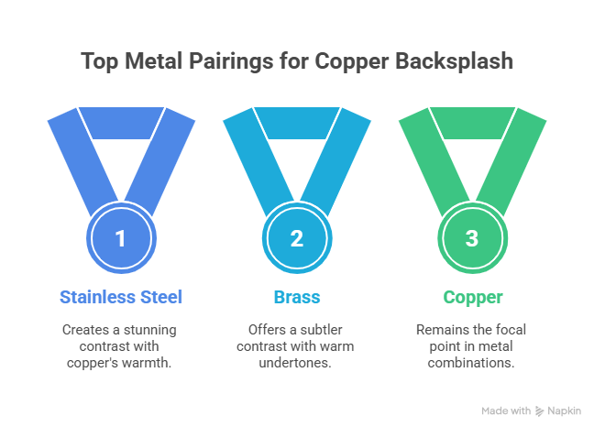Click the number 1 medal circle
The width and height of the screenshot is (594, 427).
pyautogui.click(x=120, y=239)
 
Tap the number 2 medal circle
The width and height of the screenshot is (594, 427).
pyautogui.click(x=296, y=239)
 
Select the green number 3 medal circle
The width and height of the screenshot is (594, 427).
pyautogui.click(x=471, y=239)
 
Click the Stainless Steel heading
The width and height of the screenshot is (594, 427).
pyautogui.click(x=120, y=297)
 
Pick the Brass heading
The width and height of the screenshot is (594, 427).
pyautogui.click(x=296, y=297)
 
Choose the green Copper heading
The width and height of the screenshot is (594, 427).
pyautogui.click(x=471, y=297)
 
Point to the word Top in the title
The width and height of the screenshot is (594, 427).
pyautogui.click(x=98, y=62)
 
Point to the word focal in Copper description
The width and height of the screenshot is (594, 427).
pyautogui.click(x=509, y=328)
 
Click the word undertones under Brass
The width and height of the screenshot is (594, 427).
pyautogui.click(x=296, y=364)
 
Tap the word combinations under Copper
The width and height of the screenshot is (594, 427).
pyautogui.click(x=471, y=364)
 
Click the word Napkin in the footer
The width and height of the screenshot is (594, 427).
pyautogui.click(x=566, y=411)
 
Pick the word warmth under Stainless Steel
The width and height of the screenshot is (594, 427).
pyautogui.click(x=153, y=364)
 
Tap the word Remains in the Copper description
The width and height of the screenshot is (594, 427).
pyautogui.click(x=438, y=328)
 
